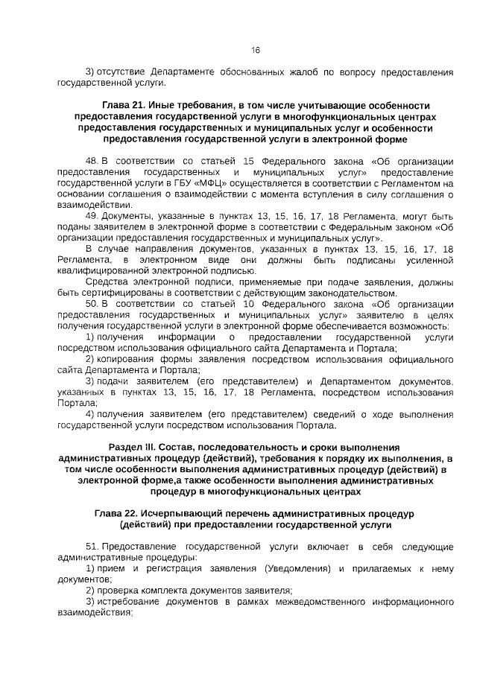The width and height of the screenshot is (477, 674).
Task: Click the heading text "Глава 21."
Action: (124, 106)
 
